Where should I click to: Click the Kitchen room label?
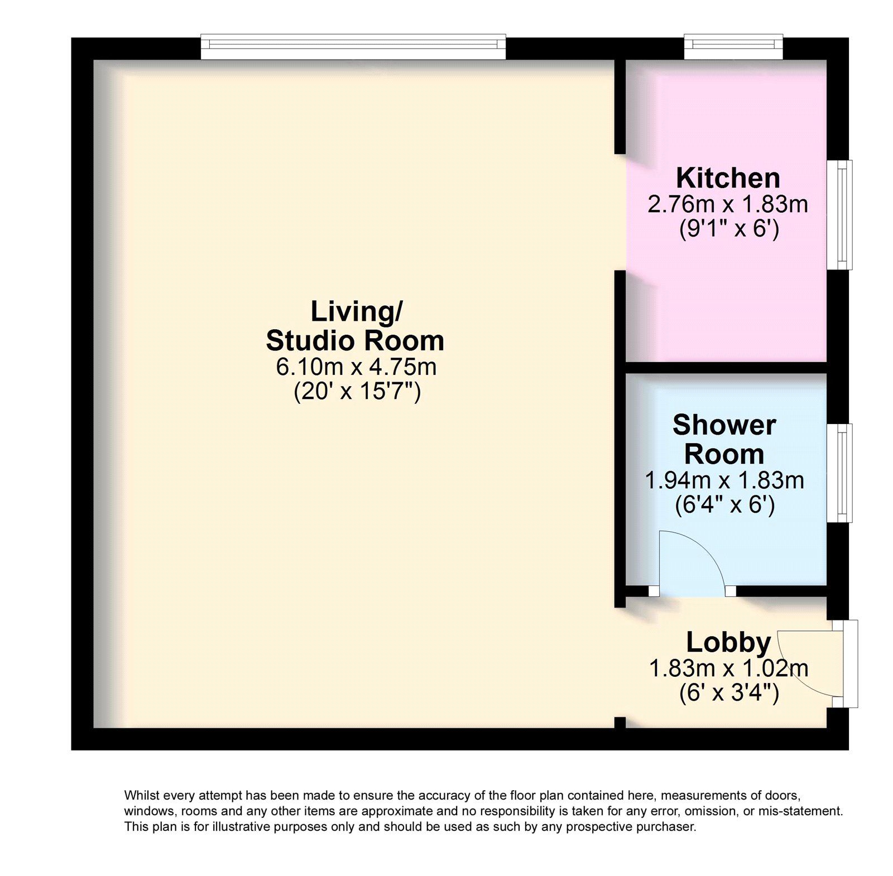728,178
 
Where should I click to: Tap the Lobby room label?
728,642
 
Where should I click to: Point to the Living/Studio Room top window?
353,47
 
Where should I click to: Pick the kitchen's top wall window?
733,47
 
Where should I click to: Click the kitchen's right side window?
839,215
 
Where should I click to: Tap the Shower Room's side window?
839,473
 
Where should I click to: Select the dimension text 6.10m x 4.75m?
356,367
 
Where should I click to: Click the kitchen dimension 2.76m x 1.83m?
728,204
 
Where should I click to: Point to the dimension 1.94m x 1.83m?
724,480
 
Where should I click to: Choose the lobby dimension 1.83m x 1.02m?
728,668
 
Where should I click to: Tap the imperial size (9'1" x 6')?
728,229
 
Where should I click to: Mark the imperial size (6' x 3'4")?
729,694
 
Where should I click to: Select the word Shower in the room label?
724,425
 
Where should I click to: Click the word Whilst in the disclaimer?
140,795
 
